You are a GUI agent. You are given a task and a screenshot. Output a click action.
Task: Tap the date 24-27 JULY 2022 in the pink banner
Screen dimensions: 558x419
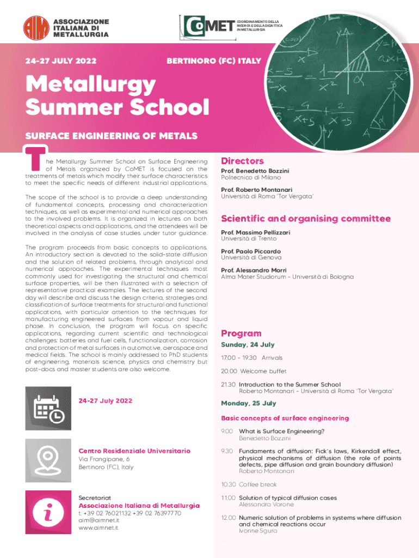[x=57, y=60]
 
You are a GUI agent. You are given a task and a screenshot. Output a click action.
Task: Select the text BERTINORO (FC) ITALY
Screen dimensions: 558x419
[x=213, y=60]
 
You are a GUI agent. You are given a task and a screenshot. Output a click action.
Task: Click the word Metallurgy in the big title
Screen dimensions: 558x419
[x=91, y=86]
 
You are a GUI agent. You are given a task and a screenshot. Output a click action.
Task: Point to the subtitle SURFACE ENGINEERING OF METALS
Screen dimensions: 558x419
[x=111, y=135]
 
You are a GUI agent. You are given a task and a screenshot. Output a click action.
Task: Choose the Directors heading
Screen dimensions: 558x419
[x=242, y=161]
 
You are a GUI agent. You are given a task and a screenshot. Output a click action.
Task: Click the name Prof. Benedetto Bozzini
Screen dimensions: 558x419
[x=255, y=171]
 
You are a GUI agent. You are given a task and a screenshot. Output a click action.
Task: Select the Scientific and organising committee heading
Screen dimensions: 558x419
[x=305, y=219]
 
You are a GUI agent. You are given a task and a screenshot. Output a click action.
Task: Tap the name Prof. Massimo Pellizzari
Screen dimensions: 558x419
[x=255, y=232]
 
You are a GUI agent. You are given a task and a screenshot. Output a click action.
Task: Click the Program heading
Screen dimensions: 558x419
[x=241, y=333]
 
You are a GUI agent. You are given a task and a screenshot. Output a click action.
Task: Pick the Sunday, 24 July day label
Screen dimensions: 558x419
[x=248, y=345]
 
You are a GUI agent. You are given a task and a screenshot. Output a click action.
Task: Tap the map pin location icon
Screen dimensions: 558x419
[x=48, y=460]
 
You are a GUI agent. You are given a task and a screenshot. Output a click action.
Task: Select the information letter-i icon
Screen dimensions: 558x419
[x=48, y=511]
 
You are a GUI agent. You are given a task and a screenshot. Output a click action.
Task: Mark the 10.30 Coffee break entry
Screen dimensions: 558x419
[x=249, y=484]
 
